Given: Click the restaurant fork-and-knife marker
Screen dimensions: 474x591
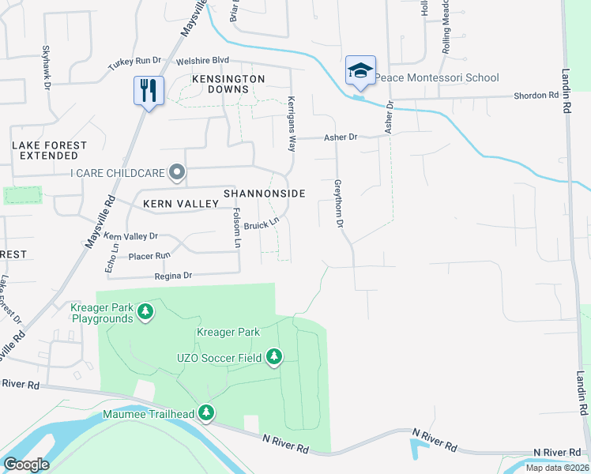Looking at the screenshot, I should [x=148, y=89].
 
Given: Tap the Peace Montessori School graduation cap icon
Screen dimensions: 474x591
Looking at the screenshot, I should [x=359, y=71].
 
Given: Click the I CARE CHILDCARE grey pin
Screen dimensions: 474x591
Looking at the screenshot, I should [x=178, y=171].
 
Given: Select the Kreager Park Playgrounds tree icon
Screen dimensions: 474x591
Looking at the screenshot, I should [x=145, y=312].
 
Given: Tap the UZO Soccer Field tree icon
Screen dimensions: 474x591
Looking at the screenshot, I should [x=273, y=358].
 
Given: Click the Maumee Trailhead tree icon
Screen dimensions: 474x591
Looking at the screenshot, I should [x=206, y=412].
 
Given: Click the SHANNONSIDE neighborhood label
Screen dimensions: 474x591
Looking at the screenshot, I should [x=264, y=194].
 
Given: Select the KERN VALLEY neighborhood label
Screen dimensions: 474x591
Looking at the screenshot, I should [x=180, y=204].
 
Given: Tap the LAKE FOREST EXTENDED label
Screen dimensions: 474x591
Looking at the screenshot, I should [x=50, y=150].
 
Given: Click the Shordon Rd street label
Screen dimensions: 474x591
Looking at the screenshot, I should [x=536, y=95].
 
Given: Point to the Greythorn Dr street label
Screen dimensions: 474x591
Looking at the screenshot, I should [x=339, y=204].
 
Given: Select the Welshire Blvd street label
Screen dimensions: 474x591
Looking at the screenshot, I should [x=202, y=60].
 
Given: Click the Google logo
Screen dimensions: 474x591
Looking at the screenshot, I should [x=26, y=465].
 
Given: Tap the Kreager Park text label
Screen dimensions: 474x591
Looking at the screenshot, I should [x=228, y=332].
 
